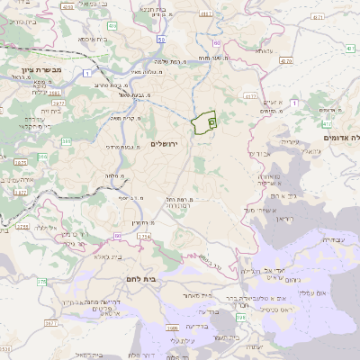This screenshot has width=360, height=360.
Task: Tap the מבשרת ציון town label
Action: (x=36, y=69)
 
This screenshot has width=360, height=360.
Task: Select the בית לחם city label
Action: (x=162, y=280)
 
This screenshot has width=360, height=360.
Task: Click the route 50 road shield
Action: (x=160, y=39)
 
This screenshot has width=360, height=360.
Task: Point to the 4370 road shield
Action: (x=286, y=61)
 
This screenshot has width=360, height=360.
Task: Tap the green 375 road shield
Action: (x=41, y=282)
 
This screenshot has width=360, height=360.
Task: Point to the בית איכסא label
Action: (x=93, y=39)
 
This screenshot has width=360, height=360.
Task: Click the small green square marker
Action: (x=211, y=117)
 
